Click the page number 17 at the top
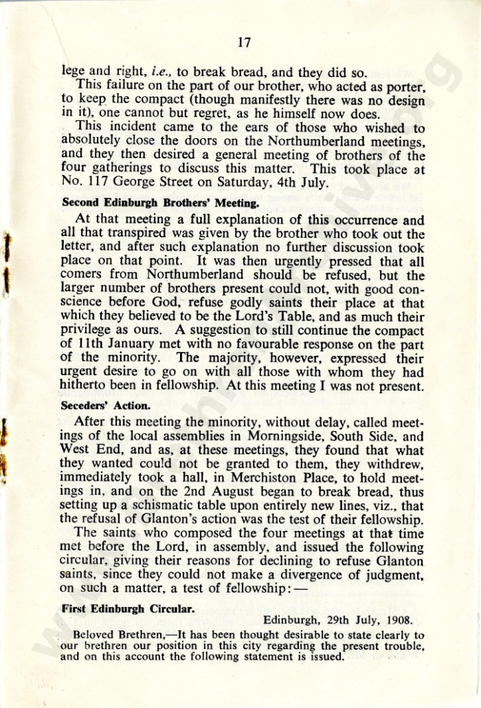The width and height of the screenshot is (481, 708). pos(241,43)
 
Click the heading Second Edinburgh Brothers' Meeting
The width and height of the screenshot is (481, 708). pos(160,203)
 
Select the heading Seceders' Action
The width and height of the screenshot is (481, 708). pos(102,406)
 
